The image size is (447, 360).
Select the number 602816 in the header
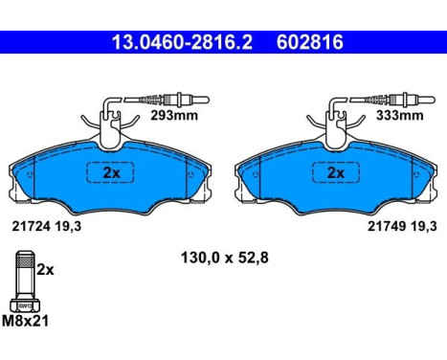(308, 43)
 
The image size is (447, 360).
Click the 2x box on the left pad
(110, 174)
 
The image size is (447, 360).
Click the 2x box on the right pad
(335, 174)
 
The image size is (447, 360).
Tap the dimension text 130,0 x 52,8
(222, 257)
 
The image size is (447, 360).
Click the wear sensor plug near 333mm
(402, 96)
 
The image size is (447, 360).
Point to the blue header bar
(223, 43)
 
